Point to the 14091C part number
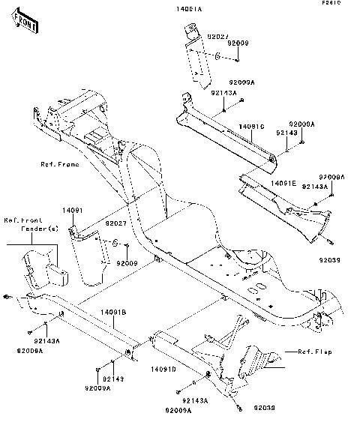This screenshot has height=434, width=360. tap(253, 127)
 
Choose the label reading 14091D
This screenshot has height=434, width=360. tap(163, 370)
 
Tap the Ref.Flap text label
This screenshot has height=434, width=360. tap(315, 351)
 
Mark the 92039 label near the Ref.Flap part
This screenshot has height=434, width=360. tap(265, 408)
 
